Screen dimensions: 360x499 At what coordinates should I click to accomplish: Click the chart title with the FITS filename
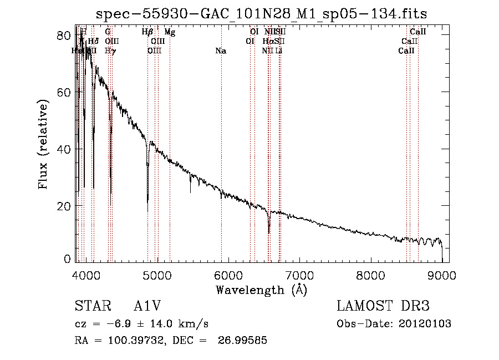[262, 14]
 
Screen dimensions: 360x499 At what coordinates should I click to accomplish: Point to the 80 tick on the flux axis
[64, 35]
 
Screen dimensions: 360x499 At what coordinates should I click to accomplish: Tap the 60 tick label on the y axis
[64, 92]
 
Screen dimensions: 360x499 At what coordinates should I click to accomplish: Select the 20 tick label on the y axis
[64, 206]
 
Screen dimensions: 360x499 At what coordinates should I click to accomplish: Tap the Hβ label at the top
[147, 32]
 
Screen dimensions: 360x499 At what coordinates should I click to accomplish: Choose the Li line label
[279, 51]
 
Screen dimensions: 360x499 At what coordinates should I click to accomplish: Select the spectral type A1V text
[147, 307]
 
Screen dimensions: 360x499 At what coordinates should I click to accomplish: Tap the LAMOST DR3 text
[383, 307]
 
